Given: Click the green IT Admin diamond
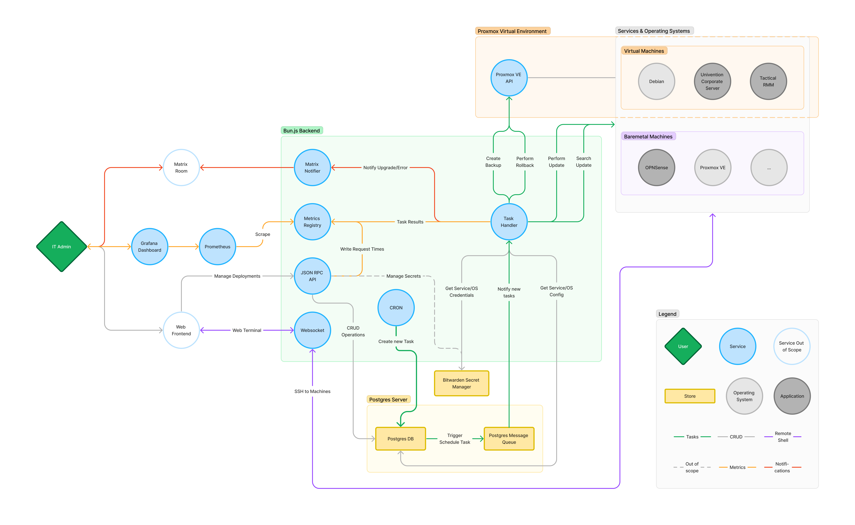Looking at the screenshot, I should (x=61, y=246).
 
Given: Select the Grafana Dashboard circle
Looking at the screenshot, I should (x=150, y=246).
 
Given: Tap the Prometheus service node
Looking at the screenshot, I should (x=217, y=246).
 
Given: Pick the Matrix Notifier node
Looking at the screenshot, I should (x=312, y=167).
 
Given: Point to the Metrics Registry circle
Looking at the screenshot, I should (x=312, y=221).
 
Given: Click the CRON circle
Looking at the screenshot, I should (x=396, y=308).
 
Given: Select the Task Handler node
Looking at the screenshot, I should (x=509, y=221).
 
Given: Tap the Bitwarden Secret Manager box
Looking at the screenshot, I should (x=461, y=383).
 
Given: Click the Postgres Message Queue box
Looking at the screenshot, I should (x=509, y=439).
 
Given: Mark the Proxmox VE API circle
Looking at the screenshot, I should (x=509, y=78).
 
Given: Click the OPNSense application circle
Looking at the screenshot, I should (x=656, y=167).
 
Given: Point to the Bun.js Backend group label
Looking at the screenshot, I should (x=301, y=131).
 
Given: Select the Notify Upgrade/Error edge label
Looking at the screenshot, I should (x=385, y=167).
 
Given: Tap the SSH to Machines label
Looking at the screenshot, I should (x=312, y=391).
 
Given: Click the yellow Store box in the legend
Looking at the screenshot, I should (x=690, y=396).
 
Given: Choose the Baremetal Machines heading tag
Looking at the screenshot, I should (x=648, y=136).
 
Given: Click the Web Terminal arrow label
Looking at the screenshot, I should (x=247, y=330).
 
